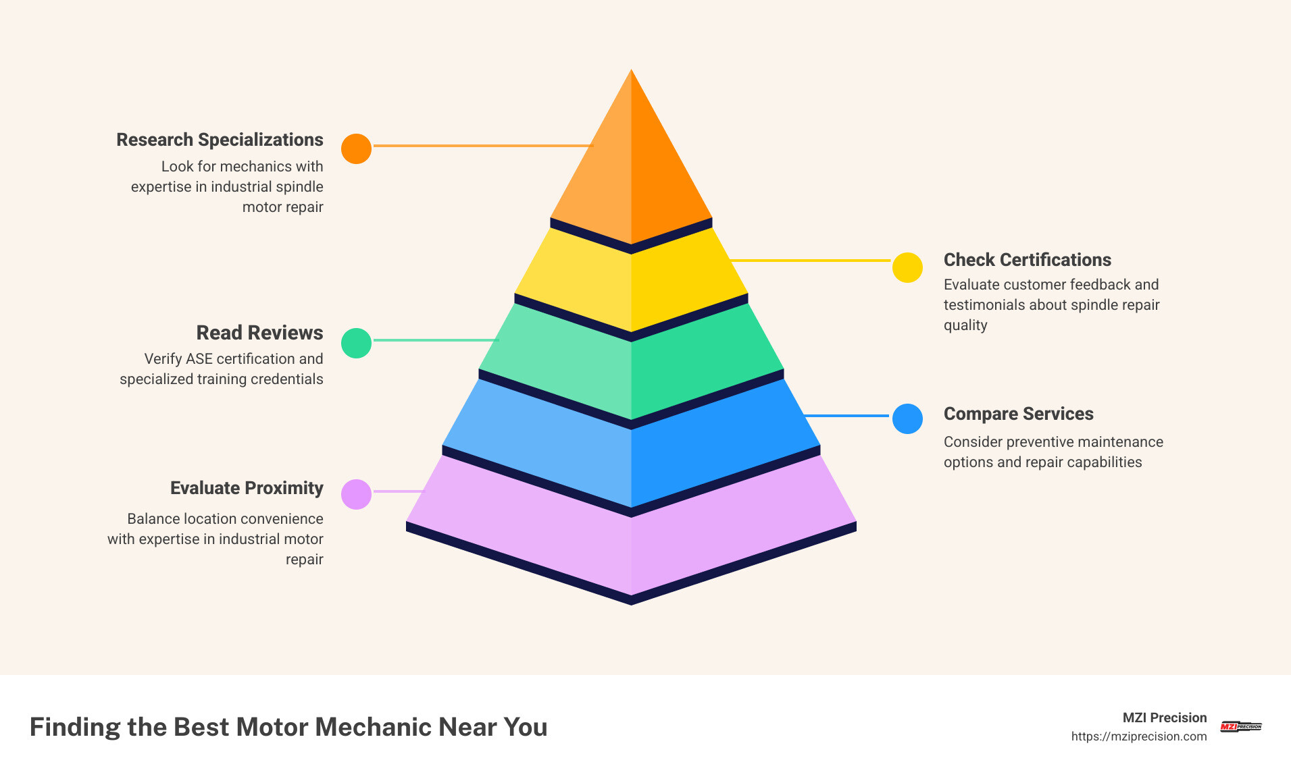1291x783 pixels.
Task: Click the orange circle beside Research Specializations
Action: [356, 148]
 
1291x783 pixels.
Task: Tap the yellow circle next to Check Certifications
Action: [907, 268]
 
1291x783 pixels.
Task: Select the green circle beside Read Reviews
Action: [356, 343]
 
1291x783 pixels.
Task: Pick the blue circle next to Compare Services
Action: [907, 418]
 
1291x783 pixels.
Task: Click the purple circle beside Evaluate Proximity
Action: [356, 494]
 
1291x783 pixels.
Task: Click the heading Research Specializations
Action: [220, 140]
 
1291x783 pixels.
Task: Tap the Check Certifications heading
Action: [1027, 260]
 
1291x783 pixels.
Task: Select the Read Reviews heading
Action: [259, 333]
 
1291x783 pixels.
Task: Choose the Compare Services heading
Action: [1018, 414]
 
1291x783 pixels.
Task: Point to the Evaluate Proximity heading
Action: [247, 488]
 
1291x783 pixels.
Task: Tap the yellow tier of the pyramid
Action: [631, 283]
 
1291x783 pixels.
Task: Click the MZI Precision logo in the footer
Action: [1241, 726]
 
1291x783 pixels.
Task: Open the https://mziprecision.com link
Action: [1138, 736]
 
